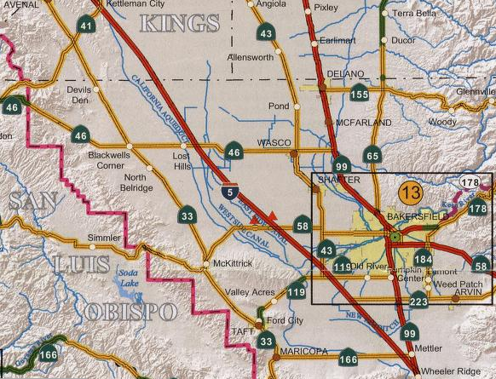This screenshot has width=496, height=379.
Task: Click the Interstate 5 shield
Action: [x=228, y=192]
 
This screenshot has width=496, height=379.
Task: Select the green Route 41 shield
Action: [x=86, y=25]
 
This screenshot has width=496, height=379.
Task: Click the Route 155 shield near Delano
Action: [x=360, y=94]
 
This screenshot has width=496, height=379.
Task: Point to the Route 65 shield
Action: [x=372, y=155]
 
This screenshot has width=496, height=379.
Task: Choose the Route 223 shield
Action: [x=418, y=301]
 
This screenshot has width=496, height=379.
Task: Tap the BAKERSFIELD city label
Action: [x=417, y=218]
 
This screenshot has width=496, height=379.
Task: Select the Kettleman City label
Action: [x=133, y=4]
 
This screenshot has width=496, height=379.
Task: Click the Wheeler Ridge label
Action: [x=453, y=371]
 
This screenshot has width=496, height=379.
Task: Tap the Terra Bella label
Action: [x=414, y=13]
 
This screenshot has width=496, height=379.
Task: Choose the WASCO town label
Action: [x=274, y=142]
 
